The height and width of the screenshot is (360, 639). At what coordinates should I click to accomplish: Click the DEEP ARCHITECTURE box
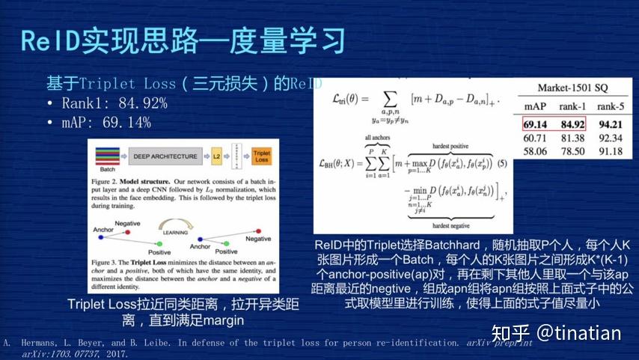tap(166, 156)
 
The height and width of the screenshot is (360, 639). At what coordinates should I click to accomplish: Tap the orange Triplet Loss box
tap(261, 156)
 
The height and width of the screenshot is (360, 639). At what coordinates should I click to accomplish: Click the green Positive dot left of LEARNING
tap(159, 243)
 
